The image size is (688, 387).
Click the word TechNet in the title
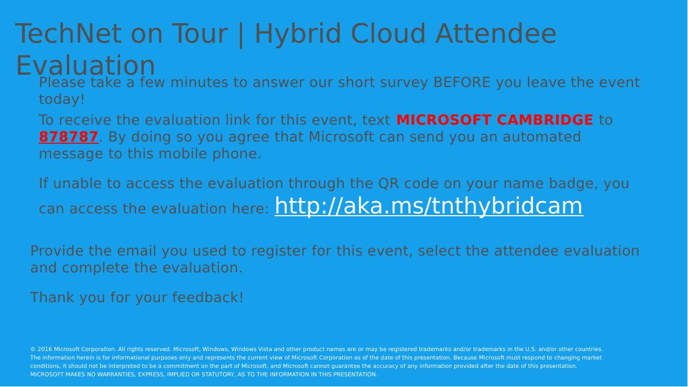click(68, 33)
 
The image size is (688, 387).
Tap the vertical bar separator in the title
click(241, 34)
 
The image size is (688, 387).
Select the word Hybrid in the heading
click(298, 34)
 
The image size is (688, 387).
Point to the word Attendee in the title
click(496, 33)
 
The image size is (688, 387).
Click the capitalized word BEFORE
click(462, 83)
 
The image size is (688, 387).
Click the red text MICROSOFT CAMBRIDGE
click(494, 120)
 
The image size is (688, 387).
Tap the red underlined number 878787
click(69, 136)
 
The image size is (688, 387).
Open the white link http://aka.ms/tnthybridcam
click(429, 206)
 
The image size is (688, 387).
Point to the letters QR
click(389, 184)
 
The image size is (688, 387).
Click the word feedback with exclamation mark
click(208, 297)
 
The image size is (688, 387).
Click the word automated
click(542, 136)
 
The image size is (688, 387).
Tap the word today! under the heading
click(61, 99)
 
